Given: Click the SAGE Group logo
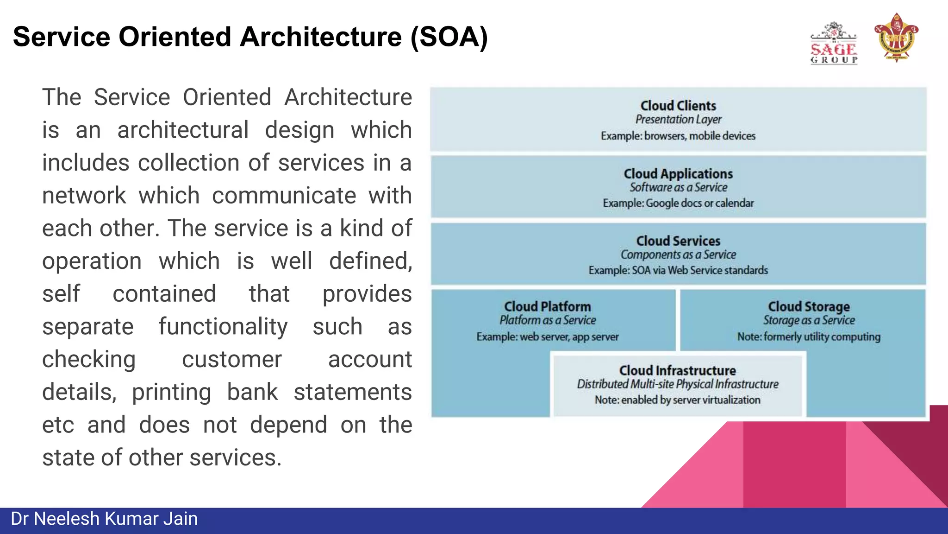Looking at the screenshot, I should (x=834, y=44).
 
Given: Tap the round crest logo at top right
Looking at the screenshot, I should (x=896, y=38).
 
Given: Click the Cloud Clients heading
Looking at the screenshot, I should (x=678, y=106).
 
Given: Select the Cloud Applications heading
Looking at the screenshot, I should (x=678, y=174).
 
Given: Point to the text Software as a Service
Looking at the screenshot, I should (x=678, y=187).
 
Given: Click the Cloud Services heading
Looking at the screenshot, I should (x=678, y=241).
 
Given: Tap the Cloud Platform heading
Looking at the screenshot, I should (x=548, y=307).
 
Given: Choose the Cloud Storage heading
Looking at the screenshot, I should (x=809, y=307).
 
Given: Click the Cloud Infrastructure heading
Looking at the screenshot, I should (x=678, y=370).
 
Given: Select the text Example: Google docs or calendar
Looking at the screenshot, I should (x=678, y=203).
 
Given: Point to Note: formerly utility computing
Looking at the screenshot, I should (x=809, y=337).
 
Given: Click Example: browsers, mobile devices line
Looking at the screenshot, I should (x=678, y=136).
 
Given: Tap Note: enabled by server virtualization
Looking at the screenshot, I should (x=678, y=400).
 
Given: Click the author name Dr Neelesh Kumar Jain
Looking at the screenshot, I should (x=104, y=519).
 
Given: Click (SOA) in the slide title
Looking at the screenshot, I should (x=449, y=37).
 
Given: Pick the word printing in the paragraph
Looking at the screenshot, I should (x=172, y=392).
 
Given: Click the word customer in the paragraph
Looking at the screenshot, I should (x=231, y=359).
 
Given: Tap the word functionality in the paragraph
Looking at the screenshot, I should (x=223, y=326).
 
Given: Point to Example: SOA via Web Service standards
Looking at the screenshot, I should (x=678, y=270).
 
